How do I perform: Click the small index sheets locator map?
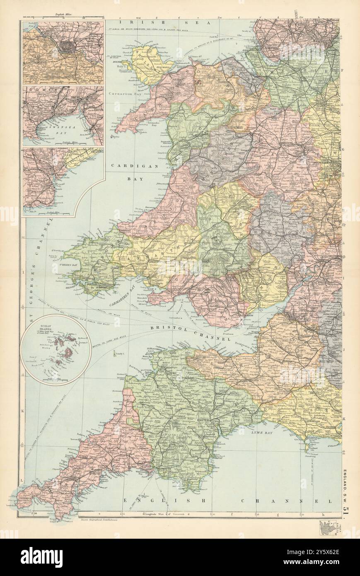coord(326,527)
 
